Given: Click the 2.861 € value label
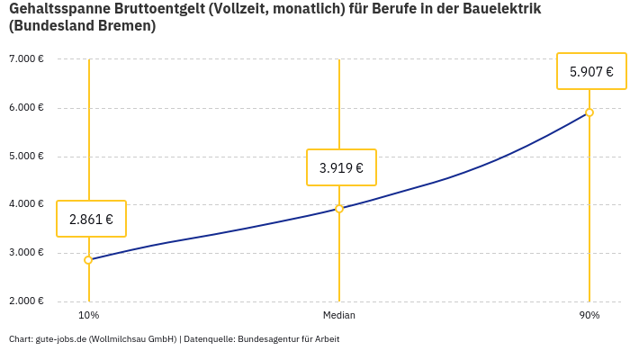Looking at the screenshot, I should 91,219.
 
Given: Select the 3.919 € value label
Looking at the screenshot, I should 341,167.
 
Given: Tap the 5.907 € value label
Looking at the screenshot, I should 591,72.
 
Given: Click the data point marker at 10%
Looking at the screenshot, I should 88,260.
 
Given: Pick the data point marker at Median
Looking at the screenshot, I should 339,209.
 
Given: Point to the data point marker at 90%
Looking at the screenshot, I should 589,112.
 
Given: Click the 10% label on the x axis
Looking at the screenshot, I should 88,315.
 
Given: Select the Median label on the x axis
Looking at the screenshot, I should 339,315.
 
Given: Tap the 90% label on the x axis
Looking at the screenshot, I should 589,315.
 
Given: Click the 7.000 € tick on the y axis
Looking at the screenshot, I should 26,59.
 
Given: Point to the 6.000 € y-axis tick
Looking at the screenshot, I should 26,108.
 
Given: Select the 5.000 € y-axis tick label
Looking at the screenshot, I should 26,156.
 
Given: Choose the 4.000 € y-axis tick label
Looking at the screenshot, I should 26,204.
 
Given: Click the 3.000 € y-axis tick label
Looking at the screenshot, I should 26,252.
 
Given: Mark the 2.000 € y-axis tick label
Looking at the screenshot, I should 26,301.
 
